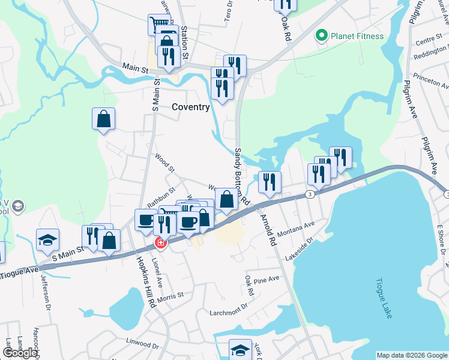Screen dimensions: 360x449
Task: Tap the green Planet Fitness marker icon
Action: [x=321, y=36]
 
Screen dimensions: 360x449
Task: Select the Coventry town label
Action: [x=191, y=107]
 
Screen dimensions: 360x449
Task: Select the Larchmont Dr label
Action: [x=228, y=310]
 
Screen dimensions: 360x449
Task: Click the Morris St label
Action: [x=170, y=296]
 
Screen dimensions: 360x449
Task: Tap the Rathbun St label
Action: [x=161, y=198]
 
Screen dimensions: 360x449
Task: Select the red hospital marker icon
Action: [x=160, y=243]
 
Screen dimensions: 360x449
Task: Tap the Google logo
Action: [x=20, y=353]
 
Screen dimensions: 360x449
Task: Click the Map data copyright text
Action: [x=411, y=355]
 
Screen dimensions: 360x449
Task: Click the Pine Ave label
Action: [x=267, y=280]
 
